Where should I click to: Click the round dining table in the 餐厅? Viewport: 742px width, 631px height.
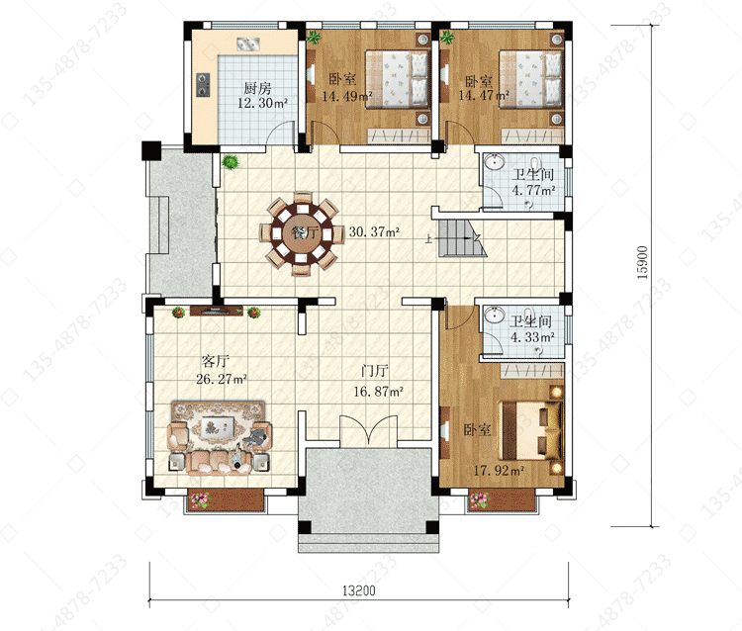tap(302, 233)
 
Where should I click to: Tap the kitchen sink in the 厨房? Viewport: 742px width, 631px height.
tap(248, 45)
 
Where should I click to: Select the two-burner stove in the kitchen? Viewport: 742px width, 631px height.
tap(203, 84)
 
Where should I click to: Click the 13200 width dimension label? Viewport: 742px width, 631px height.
tap(359, 590)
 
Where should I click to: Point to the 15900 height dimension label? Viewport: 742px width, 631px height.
tap(642, 262)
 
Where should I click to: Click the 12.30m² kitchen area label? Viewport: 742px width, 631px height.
tap(262, 103)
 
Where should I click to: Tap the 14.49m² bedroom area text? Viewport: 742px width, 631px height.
tap(347, 96)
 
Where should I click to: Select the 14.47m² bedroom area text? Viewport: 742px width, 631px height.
tap(483, 96)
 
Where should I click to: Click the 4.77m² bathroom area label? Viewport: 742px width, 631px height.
tap(533, 190)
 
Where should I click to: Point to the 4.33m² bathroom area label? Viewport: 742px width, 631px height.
tap(532, 337)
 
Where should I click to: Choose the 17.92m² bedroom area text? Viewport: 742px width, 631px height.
tap(499, 470)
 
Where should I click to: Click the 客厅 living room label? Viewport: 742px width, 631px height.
tap(216, 362)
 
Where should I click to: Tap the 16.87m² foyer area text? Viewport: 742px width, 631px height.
tap(378, 392)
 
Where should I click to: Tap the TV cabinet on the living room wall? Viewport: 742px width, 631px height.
tap(217, 311)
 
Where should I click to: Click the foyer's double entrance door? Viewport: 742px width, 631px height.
tap(368, 430)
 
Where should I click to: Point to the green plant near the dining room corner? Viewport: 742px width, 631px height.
tap(231, 162)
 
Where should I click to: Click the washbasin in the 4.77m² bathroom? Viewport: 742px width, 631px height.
tap(495, 161)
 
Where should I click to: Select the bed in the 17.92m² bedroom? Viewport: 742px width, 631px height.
tap(532, 430)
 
